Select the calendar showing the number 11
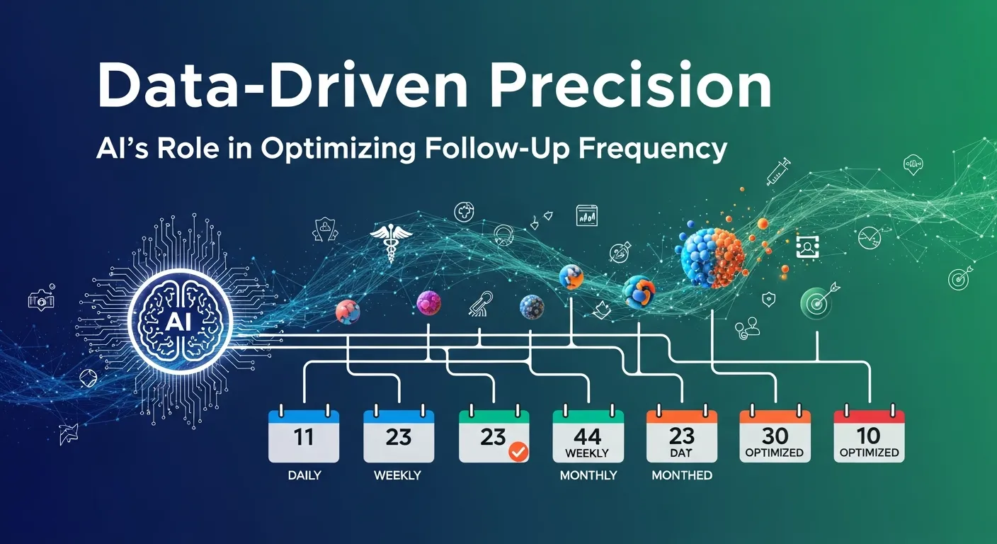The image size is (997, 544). [x=303, y=436]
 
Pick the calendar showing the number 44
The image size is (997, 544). [x=588, y=436]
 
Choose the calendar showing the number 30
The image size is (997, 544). [x=775, y=436]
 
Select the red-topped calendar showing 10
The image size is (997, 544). [x=869, y=436]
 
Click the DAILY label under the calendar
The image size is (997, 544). [x=305, y=475]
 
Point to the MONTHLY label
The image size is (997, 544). [x=588, y=475]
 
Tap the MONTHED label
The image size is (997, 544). [x=682, y=475]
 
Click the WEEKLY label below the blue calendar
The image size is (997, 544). [x=397, y=475]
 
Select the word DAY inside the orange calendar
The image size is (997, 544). [x=681, y=453]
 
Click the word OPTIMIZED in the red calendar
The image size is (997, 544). [x=869, y=453]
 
